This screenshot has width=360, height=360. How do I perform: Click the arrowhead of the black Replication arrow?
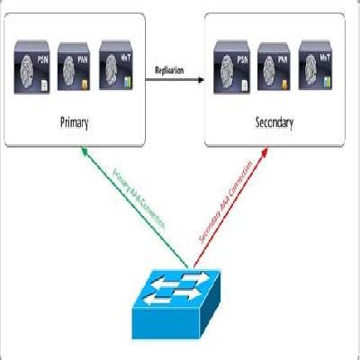199,81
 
